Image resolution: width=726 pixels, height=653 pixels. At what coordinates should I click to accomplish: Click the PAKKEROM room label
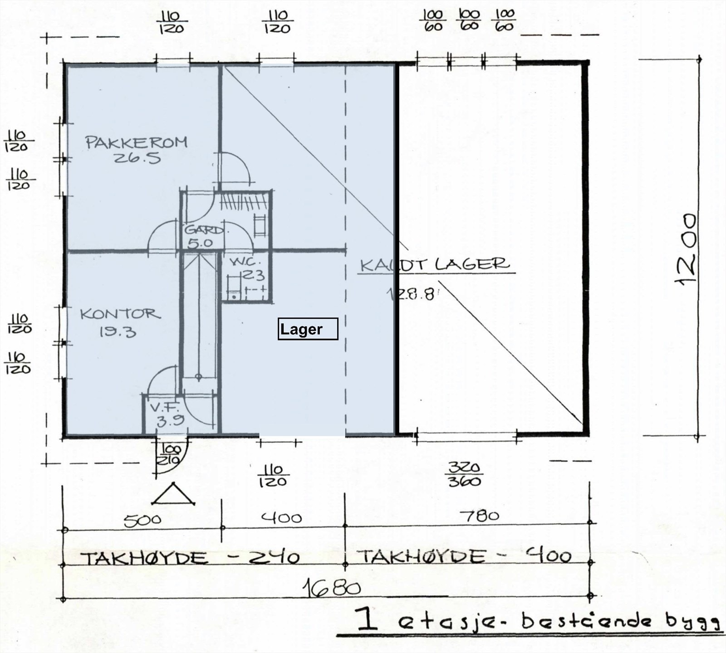click(136, 142)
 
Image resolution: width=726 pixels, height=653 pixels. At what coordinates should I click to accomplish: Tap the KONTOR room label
click(120, 314)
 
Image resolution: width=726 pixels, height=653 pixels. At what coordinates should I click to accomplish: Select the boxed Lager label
click(308, 329)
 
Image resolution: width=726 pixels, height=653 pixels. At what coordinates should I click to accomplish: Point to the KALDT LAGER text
click(435, 264)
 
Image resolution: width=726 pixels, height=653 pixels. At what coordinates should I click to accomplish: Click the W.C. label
click(245, 262)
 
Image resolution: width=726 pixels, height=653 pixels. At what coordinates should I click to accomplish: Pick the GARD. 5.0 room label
click(202, 236)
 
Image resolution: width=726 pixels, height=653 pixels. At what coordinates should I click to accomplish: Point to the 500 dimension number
click(142, 520)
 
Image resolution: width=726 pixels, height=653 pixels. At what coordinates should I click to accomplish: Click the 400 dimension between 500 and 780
click(281, 517)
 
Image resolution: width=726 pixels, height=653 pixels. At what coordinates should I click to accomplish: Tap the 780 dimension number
click(479, 516)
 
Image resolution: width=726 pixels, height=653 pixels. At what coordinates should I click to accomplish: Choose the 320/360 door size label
click(464, 474)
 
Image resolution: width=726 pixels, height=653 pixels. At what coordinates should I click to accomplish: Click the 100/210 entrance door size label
click(169, 455)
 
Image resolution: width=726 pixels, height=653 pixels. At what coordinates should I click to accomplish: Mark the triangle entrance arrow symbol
click(173, 495)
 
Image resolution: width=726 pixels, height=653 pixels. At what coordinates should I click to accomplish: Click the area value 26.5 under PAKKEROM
click(137, 158)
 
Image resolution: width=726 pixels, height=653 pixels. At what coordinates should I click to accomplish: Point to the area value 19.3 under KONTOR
click(118, 332)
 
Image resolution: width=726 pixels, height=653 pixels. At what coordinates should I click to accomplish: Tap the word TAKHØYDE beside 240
click(145, 558)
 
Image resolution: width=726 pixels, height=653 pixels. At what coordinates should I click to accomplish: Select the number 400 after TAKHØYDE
click(548, 555)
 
